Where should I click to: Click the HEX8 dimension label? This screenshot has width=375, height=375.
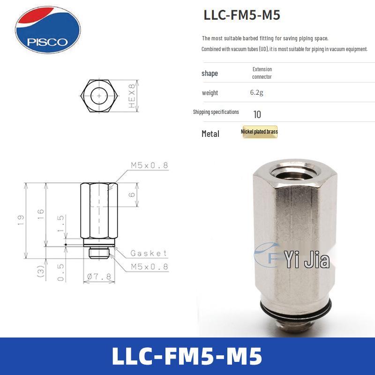click(132, 96)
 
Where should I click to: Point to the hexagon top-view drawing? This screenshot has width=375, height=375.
click(99, 96)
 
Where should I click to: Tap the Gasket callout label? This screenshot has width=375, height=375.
click(149, 253)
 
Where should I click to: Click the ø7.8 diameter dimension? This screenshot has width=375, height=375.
click(99, 277)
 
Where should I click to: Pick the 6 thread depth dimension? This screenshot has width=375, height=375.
click(132, 194)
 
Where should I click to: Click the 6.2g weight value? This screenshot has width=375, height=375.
click(256, 93)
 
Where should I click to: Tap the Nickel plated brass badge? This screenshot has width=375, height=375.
click(259, 132)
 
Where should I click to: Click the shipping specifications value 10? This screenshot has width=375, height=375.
click(257, 114)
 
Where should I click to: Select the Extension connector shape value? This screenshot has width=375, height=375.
click(262, 73)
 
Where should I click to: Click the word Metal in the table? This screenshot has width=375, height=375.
click(210, 134)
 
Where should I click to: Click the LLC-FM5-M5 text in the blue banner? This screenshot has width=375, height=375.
click(187, 356)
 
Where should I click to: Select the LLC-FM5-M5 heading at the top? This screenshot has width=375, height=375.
click(242, 15)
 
